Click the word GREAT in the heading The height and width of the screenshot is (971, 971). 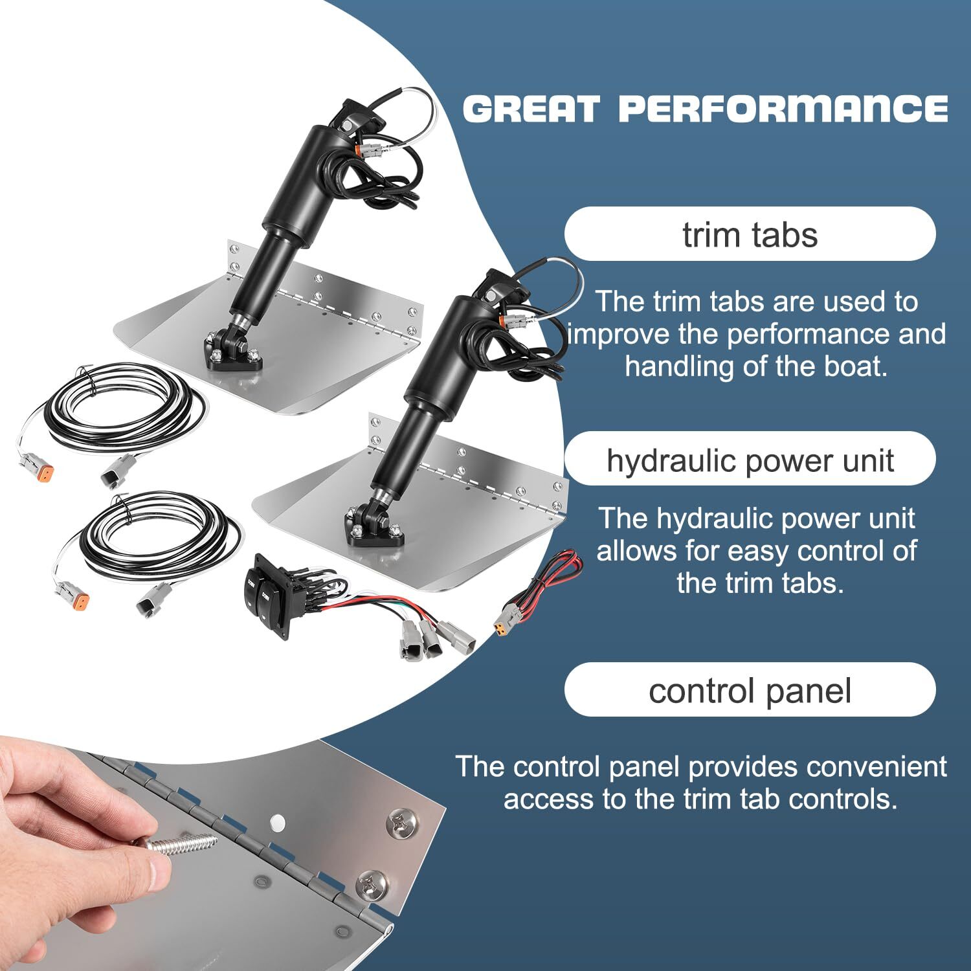coord(531,108)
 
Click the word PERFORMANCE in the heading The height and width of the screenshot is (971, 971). coord(783,108)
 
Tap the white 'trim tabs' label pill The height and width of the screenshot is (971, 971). coord(750,234)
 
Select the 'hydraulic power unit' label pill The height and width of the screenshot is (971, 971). coord(750,460)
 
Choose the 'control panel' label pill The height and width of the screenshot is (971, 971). coord(750,690)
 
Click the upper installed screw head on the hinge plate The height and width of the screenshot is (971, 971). coord(400,824)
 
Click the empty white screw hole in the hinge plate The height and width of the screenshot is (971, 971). coord(276,823)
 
